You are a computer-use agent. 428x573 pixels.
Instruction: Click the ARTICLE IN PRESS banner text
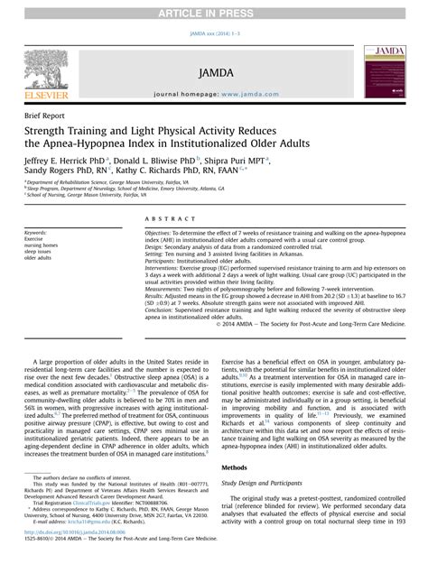[213, 8]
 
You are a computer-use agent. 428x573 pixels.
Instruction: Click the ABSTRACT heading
[165, 219]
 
